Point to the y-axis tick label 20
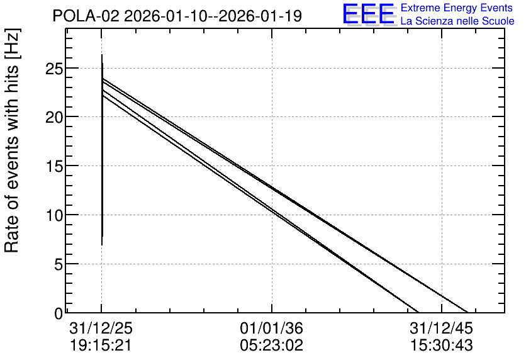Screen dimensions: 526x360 click(x=53, y=118)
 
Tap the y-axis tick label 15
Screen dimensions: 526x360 click(x=53, y=166)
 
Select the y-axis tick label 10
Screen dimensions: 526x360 click(x=53, y=215)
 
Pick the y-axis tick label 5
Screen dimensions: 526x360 click(x=59, y=265)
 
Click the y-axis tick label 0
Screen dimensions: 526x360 click(x=59, y=313)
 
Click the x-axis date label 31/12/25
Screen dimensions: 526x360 click(x=101, y=328)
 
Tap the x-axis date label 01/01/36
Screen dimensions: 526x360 click(x=271, y=328)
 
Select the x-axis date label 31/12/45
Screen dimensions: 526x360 click(x=441, y=328)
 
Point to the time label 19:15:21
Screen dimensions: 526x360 click(x=101, y=346)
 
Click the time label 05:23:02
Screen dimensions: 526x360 click(x=271, y=346)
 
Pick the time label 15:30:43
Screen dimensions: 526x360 click(x=442, y=346)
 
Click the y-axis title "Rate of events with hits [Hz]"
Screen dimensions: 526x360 click(x=12, y=141)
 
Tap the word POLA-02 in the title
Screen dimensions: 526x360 click(x=86, y=16)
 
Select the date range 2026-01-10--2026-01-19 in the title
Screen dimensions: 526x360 click(x=213, y=16)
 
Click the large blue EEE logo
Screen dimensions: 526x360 click(x=369, y=14)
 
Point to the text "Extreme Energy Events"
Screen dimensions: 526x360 click(x=457, y=8)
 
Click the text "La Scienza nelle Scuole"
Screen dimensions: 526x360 click(x=457, y=21)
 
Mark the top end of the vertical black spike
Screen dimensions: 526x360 click(x=102, y=54)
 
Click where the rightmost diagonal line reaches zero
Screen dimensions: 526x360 click(x=467, y=312)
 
